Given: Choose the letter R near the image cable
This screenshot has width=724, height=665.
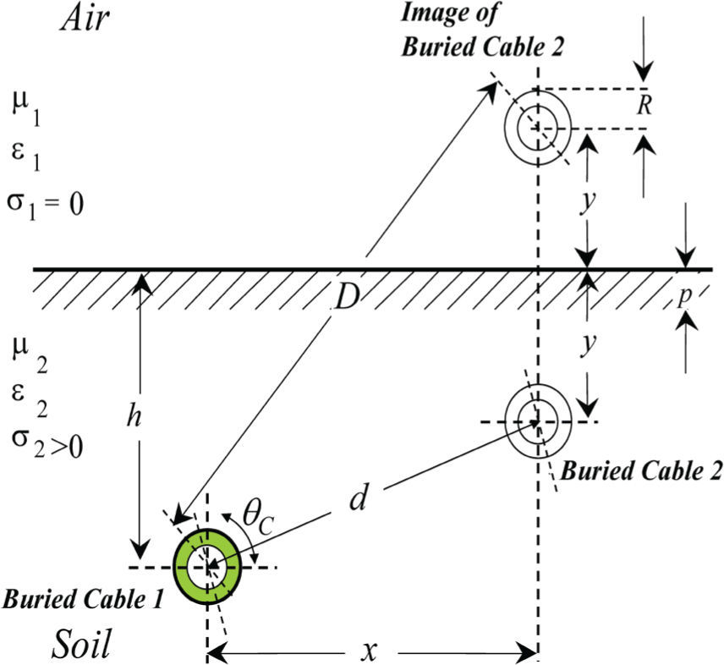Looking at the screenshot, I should (645, 108).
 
